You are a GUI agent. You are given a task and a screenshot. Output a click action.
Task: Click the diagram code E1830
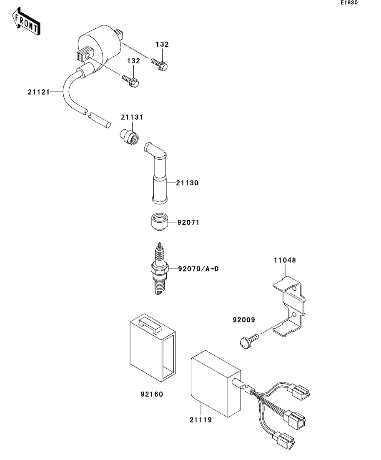coord(349,3)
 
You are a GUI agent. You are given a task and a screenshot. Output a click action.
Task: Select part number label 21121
coord(38,92)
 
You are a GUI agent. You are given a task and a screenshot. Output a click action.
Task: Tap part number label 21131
coord(132,118)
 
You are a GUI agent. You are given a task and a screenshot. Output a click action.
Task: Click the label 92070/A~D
coord(198,269)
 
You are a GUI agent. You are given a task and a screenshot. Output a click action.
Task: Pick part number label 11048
coord(285,260)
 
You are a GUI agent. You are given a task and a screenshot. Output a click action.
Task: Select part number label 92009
coord(243,320)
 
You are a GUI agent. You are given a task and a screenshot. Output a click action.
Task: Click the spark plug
coord(160,269)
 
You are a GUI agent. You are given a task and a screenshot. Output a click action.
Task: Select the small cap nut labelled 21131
coord(128,136)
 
